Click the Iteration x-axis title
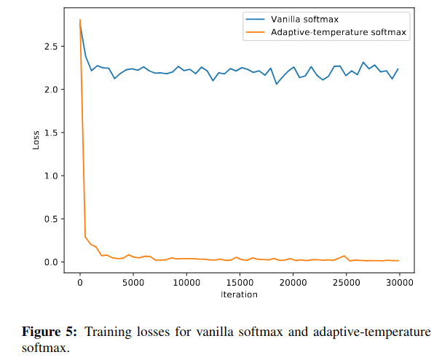[x=240, y=294]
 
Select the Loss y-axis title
[x=36, y=139]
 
